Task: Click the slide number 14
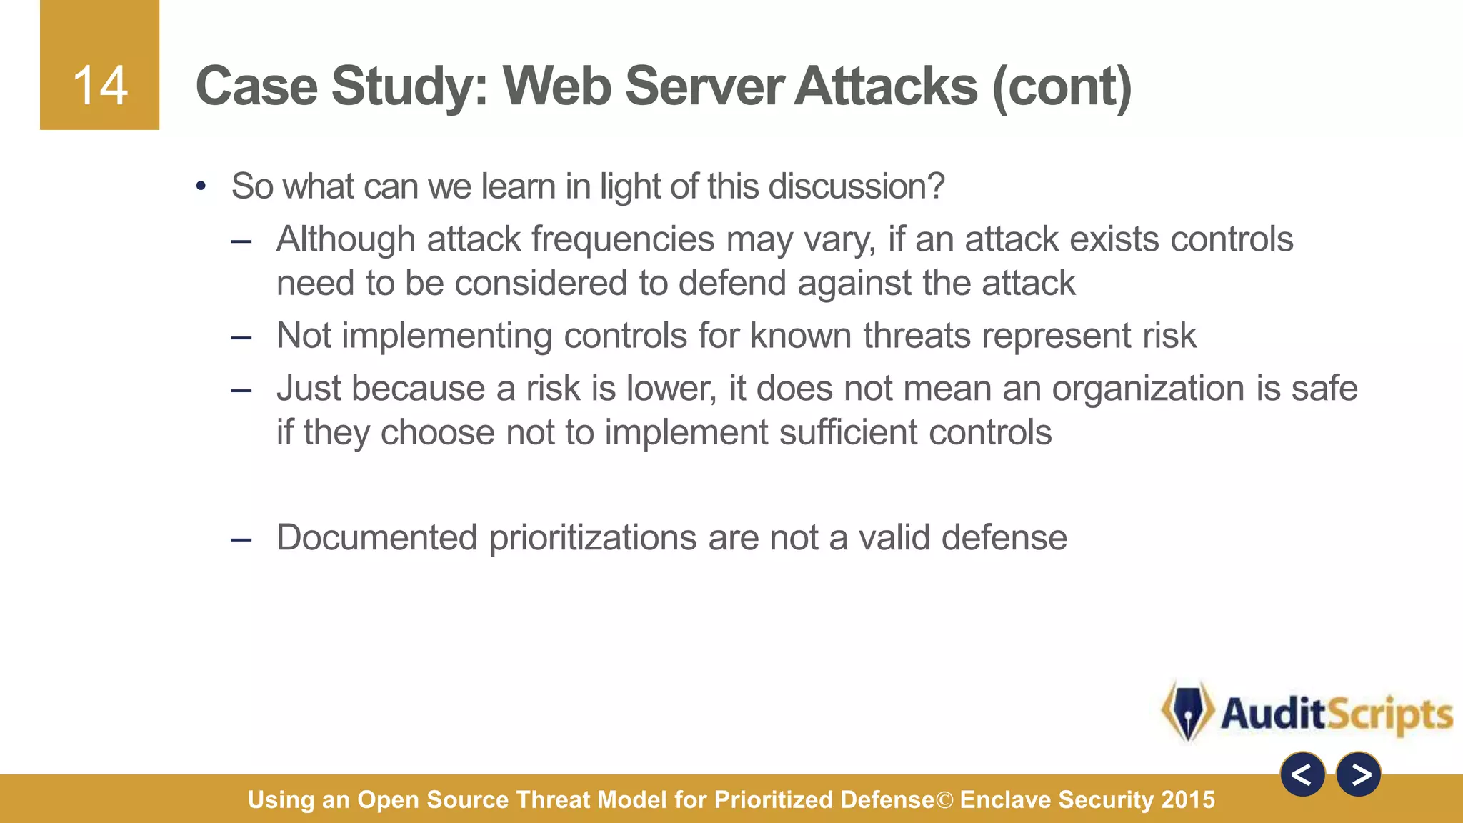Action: pyautogui.click(x=100, y=86)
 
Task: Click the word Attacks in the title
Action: pyautogui.click(x=886, y=86)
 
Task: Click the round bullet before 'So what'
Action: pyautogui.click(x=201, y=186)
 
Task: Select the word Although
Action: pyautogui.click(x=346, y=239)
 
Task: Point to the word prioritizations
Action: pyautogui.click(x=592, y=537)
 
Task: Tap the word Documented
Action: pyautogui.click(x=376, y=537)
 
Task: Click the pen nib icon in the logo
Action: pyautogui.click(x=1187, y=712)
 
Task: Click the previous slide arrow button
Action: pyautogui.click(x=1302, y=774)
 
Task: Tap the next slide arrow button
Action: pyautogui.click(x=1359, y=774)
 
